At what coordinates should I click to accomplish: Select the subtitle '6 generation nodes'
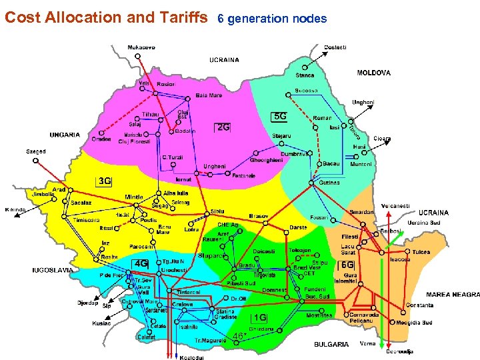(272, 19)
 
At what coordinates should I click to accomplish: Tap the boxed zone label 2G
(223, 127)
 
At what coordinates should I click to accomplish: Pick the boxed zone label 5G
(281, 116)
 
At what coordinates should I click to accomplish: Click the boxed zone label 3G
(104, 181)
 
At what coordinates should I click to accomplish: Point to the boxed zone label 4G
(141, 263)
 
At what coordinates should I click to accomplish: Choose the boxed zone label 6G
(347, 265)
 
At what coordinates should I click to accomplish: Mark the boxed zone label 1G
(261, 317)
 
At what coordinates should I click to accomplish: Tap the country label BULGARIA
(331, 345)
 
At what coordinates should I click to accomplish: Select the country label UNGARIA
(65, 135)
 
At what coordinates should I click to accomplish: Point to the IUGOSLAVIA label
(53, 270)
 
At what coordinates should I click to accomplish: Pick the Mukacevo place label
(141, 47)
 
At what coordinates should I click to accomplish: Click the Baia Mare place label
(209, 95)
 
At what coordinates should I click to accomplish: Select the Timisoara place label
(86, 219)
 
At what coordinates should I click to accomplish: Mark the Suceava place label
(306, 91)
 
